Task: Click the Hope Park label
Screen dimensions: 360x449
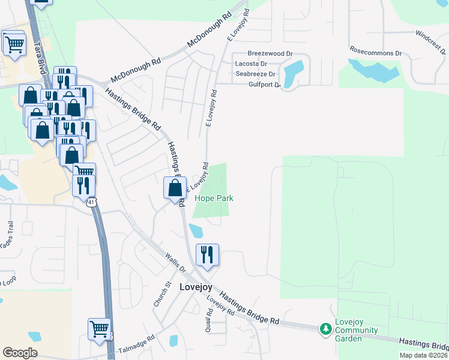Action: pos(214,199)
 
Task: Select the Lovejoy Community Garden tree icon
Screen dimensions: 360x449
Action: pos(325,329)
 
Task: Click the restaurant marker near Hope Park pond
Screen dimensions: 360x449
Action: pos(206,254)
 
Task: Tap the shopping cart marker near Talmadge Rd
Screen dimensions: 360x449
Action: pos(99,328)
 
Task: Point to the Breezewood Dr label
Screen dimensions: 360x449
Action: pos(270,53)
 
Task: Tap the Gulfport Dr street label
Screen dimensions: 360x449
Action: pos(265,85)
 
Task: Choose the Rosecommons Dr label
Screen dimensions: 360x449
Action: pos(375,53)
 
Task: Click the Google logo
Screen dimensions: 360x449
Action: pos(20,353)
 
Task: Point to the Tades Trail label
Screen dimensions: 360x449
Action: pos(7,236)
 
